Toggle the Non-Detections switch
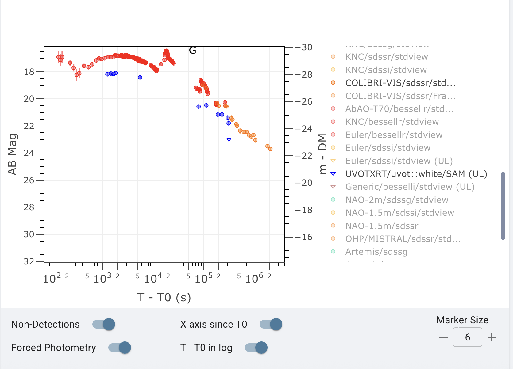tap(104, 324)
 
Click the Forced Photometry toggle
tap(120, 348)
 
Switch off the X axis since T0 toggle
tap(271, 324)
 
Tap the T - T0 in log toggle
tap(256, 348)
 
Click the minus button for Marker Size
tap(443, 337)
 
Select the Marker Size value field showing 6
tap(467, 337)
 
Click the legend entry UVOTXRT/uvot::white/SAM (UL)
tap(416, 174)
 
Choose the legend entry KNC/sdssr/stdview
tap(386, 57)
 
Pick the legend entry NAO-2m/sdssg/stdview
tap(396, 200)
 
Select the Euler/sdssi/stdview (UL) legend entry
tap(399, 161)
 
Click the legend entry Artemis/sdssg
tap(376, 252)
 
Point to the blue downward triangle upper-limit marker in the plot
tap(229, 140)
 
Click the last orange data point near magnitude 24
tap(270, 149)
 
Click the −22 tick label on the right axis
tap(303, 156)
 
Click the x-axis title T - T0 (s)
tap(164, 297)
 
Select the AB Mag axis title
tap(12, 154)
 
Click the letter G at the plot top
tap(192, 50)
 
